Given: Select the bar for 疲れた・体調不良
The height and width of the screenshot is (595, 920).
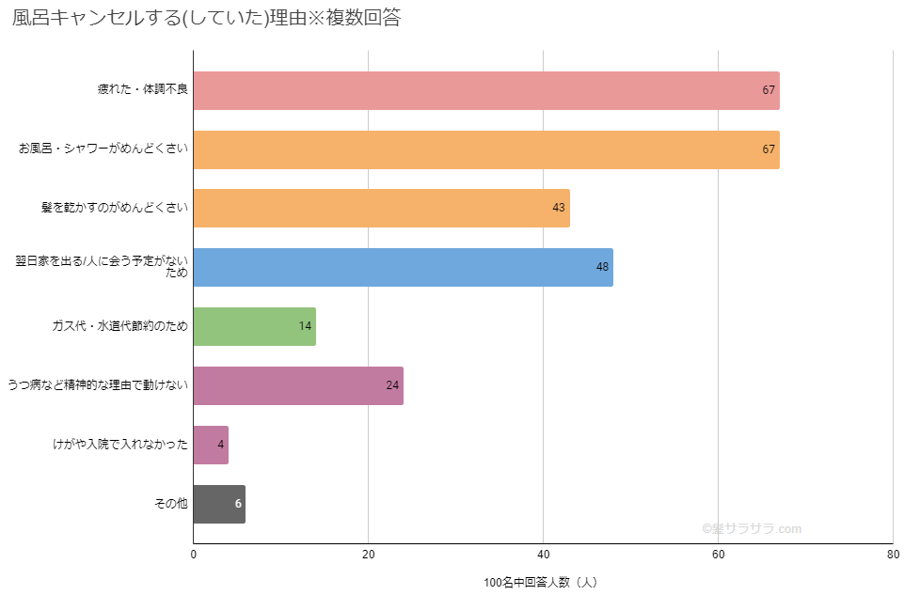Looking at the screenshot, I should click(x=485, y=91).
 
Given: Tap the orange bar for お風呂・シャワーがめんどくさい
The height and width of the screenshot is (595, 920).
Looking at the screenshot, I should click(x=485, y=149).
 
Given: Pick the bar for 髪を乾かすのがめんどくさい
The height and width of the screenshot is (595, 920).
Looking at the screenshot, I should click(x=381, y=208).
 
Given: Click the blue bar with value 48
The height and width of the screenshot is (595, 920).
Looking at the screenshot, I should click(x=403, y=267).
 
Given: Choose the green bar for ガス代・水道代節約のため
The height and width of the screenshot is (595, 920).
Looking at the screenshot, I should click(x=254, y=326).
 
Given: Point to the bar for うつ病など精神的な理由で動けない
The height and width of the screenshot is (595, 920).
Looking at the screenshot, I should click(x=298, y=385).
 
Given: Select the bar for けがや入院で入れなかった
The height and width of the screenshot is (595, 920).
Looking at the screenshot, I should click(x=211, y=445).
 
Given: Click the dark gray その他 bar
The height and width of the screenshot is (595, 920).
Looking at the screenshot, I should click(x=219, y=504).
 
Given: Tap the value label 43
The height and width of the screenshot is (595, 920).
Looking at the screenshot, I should click(x=559, y=208).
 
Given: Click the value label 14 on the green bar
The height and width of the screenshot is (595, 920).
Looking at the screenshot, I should click(x=305, y=326).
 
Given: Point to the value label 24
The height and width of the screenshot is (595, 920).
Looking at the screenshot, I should click(x=392, y=385).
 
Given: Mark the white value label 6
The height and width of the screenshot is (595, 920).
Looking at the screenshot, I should click(x=238, y=504).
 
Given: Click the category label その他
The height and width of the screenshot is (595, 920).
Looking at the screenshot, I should click(x=171, y=504).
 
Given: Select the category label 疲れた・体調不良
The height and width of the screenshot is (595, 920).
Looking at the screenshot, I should click(x=143, y=90).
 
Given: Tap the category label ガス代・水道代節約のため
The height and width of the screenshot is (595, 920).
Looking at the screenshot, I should click(x=120, y=326).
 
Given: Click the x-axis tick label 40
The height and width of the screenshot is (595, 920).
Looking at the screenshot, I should click(x=543, y=555).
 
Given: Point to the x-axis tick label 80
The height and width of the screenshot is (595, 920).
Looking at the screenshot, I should click(x=893, y=555).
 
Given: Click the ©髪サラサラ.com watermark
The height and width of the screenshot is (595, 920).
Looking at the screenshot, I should click(x=752, y=528).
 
